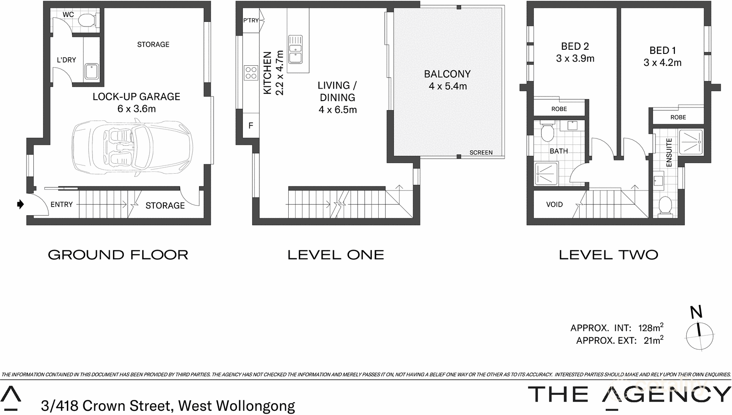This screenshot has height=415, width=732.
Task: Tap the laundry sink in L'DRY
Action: pyautogui.click(x=91, y=72)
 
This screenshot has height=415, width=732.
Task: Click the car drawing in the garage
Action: pyautogui.click(x=132, y=148)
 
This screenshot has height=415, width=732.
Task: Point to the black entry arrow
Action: pyautogui.click(x=20, y=204)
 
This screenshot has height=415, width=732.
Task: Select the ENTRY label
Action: pyautogui.click(x=61, y=204)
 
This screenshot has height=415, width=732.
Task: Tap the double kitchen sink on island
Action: pyautogui.click(x=295, y=49)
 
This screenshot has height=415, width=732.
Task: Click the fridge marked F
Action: pyautogui.click(x=251, y=125)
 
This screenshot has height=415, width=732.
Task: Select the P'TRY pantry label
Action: pyautogui.click(x=251, y=20)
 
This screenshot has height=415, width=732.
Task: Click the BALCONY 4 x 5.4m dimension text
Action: pyautogui.click(x=447, y=86)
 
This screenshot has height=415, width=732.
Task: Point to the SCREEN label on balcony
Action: pyautogui.click(x=481, y=153)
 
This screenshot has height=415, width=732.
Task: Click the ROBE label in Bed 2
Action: pyautogui.click(x=559, y=109)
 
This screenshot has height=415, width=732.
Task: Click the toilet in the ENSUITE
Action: pyautogui.click(x=665, y=205)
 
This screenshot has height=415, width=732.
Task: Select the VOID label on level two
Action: pyautogui.click(x=554, y=204)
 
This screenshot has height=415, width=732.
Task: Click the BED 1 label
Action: pyautogui.click(x=662, y=50)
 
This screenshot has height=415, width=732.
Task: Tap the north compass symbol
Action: pyautogui.click(x=700, y=335)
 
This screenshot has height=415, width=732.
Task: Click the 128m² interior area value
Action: pyautogui.click(x=650, y=328)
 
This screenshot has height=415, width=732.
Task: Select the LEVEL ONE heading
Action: pyautogui.click(x=335, y=255)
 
